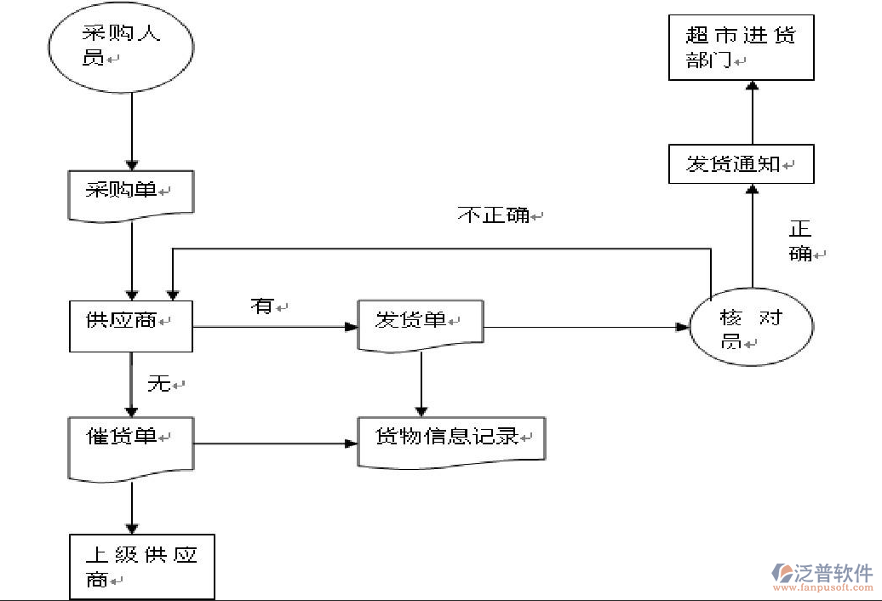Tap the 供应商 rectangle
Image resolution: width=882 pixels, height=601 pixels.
[130, 325]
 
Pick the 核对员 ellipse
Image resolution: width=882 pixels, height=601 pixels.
[751, 329]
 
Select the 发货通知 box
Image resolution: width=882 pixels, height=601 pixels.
[741, 164]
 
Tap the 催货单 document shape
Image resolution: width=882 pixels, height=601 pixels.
[130, 444]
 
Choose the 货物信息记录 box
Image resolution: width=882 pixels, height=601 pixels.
[450, 440]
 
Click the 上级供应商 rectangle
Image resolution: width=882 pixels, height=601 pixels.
[141, 566]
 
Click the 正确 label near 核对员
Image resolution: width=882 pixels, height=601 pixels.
[802, 241]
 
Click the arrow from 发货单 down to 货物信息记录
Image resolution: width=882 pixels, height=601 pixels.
[421, 383]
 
